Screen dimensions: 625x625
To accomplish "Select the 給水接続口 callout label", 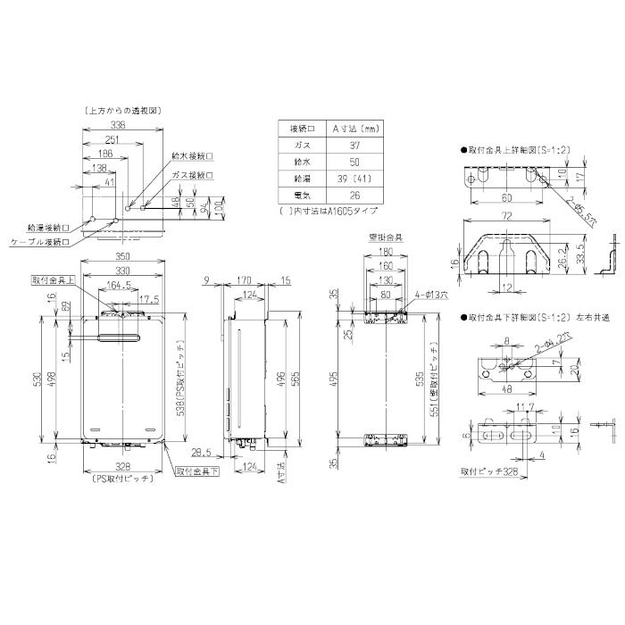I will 191,155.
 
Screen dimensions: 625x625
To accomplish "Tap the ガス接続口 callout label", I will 193,176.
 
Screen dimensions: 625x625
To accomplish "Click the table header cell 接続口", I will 293,128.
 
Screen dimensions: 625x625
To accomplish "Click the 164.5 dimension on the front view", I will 120,287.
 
